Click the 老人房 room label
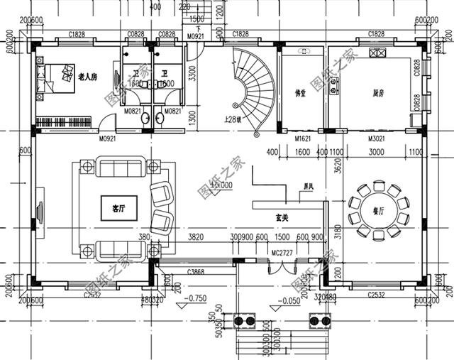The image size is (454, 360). point(87,76)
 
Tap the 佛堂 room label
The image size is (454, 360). point(299,93)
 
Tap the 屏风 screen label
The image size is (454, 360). point(308,187)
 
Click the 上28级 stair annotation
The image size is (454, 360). point(233,119)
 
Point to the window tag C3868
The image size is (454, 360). point(196,271)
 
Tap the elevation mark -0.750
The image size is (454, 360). point(195,298)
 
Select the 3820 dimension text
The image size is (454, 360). point(195,237)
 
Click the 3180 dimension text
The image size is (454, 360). point(338,231)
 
